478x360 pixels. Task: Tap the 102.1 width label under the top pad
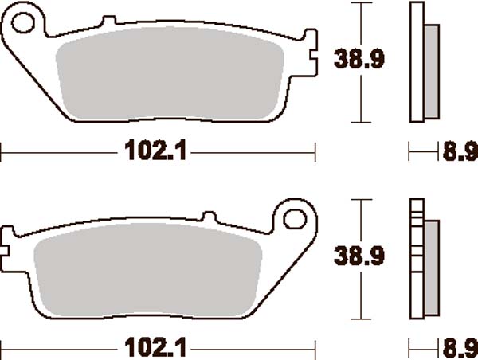coord(155,150)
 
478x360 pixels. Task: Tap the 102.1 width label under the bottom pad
coord(155,348)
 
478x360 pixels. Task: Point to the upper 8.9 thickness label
coord(460,150)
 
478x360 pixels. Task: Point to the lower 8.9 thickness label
coord(460,348)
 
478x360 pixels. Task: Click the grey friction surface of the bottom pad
coord(147,275)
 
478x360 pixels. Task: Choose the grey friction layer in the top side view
coord(430,68)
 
